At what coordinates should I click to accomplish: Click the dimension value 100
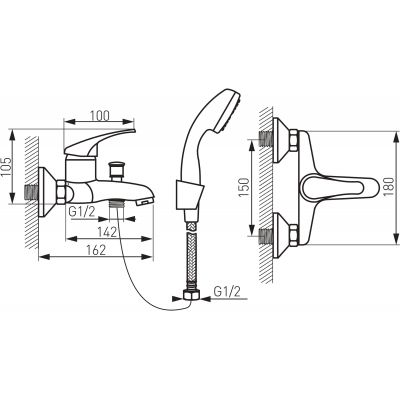click(99, 116)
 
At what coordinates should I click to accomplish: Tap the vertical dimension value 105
click(7, 167)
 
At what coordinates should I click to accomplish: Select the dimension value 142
click(107, 232)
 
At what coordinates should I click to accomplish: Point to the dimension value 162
click(95, 250)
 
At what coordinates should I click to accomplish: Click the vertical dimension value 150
click(244, 188)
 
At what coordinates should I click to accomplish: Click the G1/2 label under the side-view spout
click(81, 212)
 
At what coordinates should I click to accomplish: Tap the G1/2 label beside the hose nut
click(227, 292)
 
